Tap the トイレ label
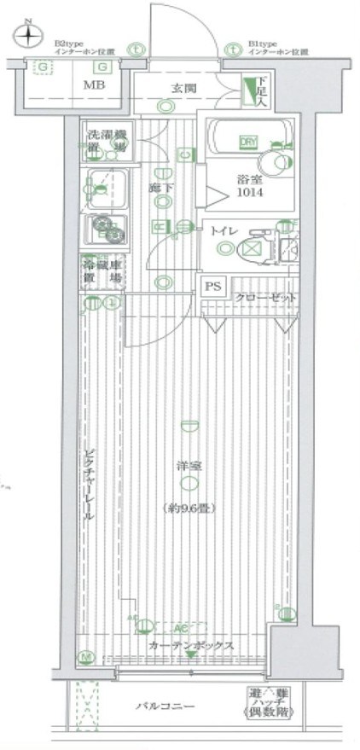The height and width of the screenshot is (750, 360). pyautogui.click(x=223, y=230)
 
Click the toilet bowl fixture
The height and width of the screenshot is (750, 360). pyautogui.click(x=253, y=248)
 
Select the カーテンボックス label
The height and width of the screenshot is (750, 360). pyautogui.click(x=189, y=646)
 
